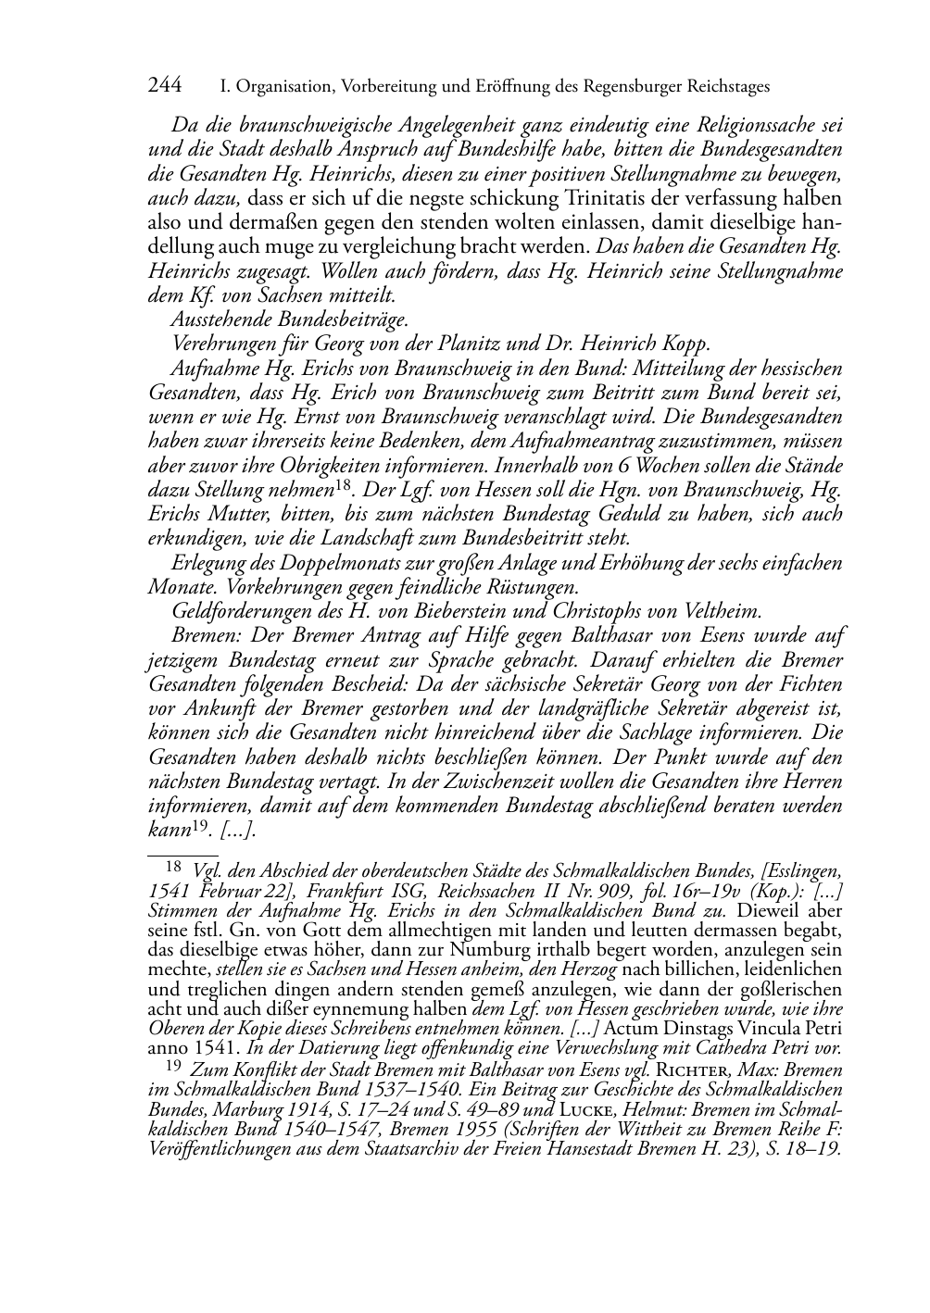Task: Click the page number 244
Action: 165,86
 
